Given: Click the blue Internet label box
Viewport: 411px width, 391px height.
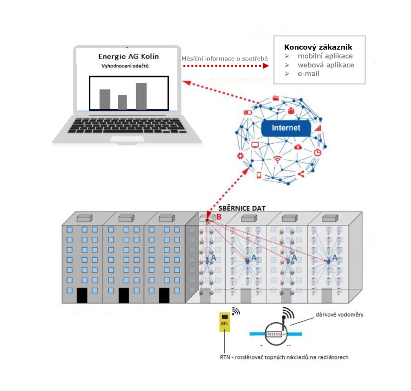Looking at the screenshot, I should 286,128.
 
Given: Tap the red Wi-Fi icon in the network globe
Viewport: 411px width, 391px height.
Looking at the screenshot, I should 277,159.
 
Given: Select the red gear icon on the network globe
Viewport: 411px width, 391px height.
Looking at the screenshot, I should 240,156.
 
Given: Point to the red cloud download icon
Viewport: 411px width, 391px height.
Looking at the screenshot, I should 298,147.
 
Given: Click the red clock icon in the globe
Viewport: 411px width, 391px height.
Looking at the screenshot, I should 318,152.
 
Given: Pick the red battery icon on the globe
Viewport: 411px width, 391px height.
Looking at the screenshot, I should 247,112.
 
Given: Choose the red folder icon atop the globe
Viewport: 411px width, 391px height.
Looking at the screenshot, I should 276,98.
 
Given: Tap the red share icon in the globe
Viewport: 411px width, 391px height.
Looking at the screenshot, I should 301,174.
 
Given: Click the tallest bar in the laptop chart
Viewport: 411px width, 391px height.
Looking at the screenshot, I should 141,96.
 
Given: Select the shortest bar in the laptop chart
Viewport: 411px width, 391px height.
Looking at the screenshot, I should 123,102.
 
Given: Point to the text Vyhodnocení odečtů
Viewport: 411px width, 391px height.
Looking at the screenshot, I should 125,66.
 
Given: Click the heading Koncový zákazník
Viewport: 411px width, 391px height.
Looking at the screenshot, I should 318,47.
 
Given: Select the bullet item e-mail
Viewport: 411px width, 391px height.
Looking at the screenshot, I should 308,74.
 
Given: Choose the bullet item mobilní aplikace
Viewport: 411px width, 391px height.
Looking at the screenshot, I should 325,57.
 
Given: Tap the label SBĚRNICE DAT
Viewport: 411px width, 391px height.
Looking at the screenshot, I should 242,208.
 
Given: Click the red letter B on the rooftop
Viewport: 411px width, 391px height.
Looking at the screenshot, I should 219,217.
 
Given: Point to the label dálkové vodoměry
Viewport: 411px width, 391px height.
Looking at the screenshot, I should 339,315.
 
